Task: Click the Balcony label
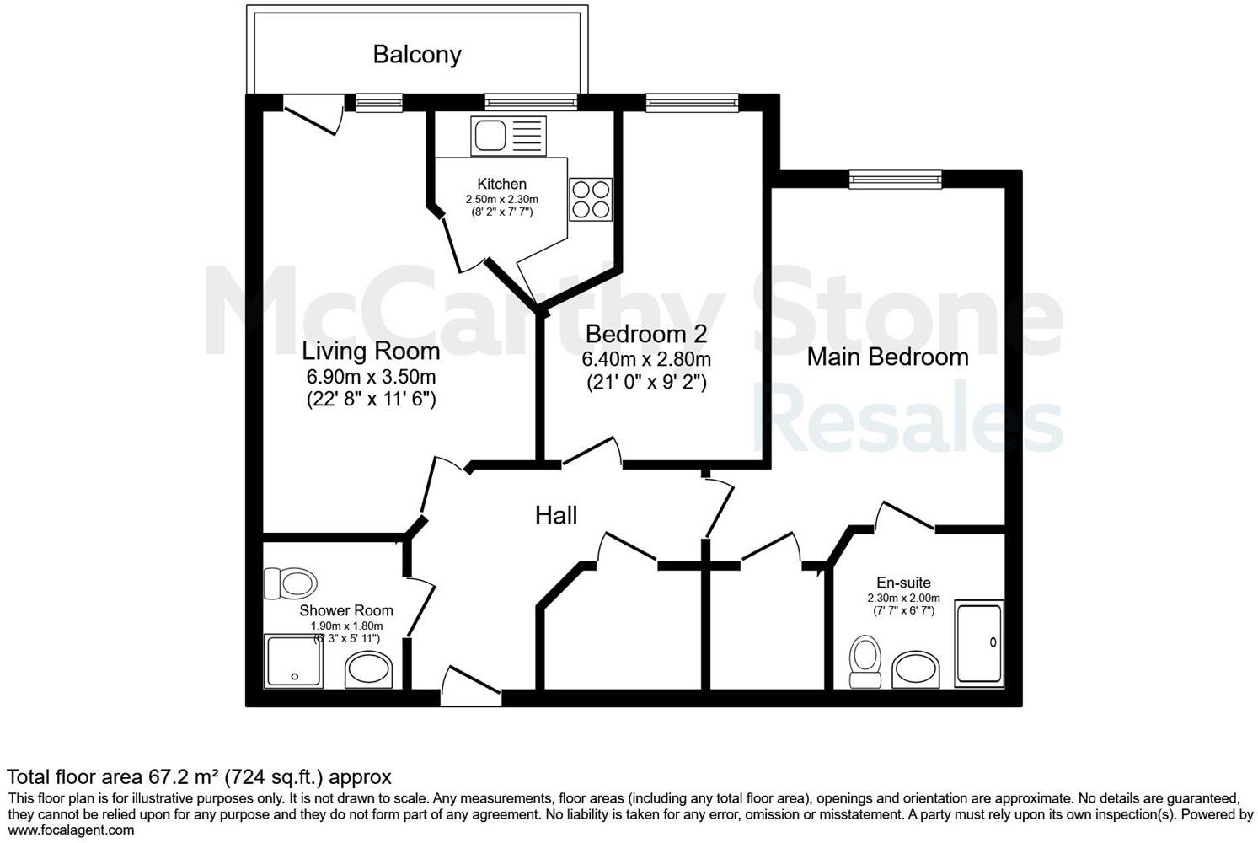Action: coord(417,55)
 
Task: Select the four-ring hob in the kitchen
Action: coord(590,200)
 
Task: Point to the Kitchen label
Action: coord(501,184)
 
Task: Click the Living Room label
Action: coord(371,351)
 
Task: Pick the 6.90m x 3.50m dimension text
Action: coord(371,377)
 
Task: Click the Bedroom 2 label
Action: coord(646,334)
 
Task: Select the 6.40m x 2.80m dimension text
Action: coord(646,359)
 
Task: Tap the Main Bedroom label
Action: coord(887,357)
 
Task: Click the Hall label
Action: coord(556,515)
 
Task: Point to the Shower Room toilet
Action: coord(290,583)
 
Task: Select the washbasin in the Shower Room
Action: coord(367,671)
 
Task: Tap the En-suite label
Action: coord(903,583)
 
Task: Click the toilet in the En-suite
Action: coord(865,662)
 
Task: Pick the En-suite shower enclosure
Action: coord(979,643)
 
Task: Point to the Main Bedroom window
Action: coord(895,179)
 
